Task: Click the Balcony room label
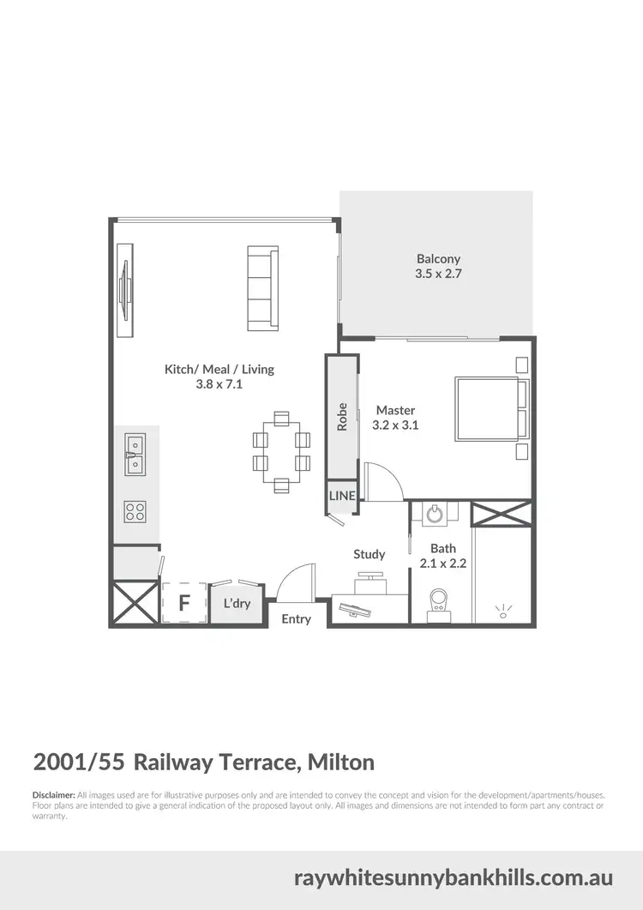[438, 258]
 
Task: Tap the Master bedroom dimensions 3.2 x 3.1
[395, 425]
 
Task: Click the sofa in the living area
[262, 289]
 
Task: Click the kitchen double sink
[135, 455]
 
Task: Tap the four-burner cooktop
[135, 512]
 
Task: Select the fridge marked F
[183, 603]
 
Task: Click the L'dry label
[237, 604]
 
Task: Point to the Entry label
[297, 619]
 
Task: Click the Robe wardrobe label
[341, 416]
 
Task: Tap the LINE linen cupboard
[341, 497]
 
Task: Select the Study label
[370, 554]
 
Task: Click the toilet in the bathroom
[439, 601]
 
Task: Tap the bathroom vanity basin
[435, 513]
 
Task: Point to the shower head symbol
[502, 610]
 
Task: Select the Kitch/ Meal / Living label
[219, 369]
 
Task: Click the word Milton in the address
[340, 762]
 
